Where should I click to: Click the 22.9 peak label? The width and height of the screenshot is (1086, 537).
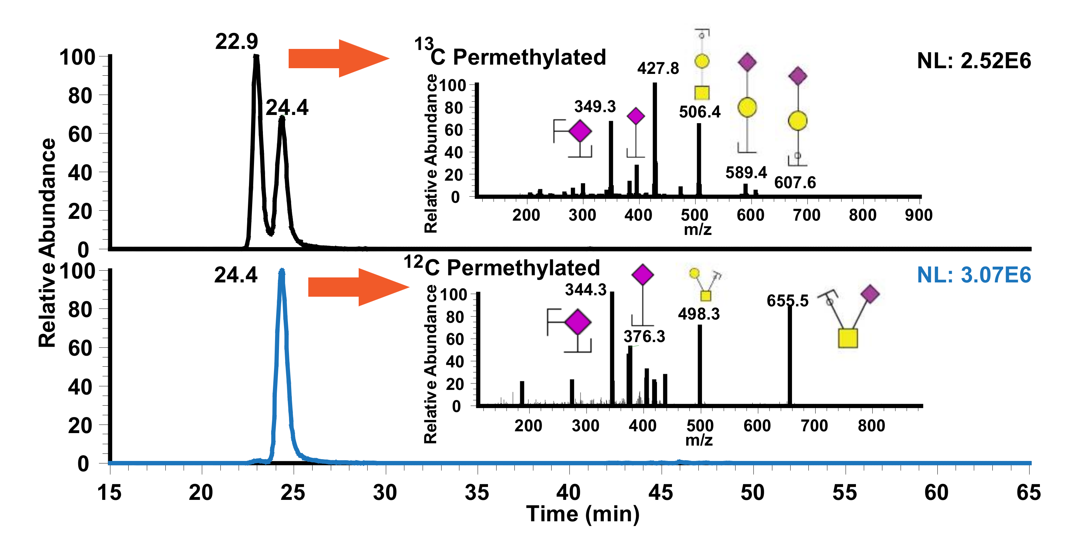point(236,41)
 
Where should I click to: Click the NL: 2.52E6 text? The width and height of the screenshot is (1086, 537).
point(973,61)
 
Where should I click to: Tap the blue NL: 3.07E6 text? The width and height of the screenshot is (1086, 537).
point(973,275)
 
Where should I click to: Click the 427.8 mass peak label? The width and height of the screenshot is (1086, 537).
point(658,68)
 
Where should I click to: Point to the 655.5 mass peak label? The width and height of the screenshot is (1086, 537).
point(787,301)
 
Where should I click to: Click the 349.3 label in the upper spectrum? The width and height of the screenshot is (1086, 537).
point(595,107)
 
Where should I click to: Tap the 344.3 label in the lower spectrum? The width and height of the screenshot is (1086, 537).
point(586,290)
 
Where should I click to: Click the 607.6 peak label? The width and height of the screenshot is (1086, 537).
point(795,182)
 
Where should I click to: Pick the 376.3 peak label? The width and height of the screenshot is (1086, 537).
point(644,336)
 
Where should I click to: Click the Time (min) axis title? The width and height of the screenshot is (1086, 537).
point(583,514)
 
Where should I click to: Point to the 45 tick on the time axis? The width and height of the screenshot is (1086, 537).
point(661,492)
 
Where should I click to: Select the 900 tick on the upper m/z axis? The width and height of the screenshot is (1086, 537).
point(918,215)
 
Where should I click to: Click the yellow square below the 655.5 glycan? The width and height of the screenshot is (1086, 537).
point(848,338)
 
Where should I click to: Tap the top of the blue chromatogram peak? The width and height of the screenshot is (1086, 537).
point(282,271)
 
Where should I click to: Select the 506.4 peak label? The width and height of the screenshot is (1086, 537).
point(699,112)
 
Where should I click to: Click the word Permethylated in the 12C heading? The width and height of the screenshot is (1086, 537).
point(523,268)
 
